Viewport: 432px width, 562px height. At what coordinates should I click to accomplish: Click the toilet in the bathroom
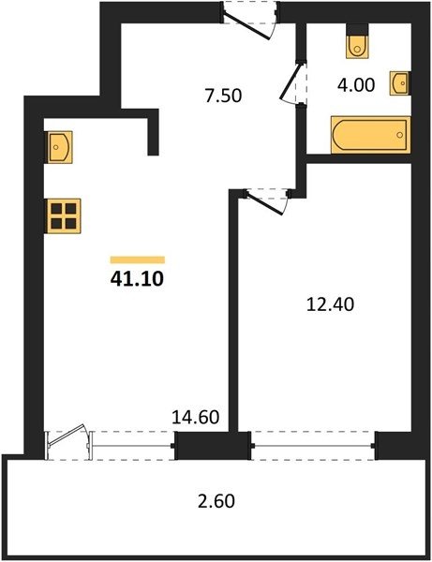pyautogui.click(x=357, y=45)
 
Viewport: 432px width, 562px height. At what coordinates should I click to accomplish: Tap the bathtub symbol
pyautogui.click(x=371, y=135)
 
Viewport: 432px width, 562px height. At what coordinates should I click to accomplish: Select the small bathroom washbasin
pyautogui.click(x=400, y=83)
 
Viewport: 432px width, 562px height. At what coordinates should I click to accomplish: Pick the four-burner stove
pyautogui.click(x=63, y=215)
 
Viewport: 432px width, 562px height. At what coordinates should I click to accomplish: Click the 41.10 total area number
pyautogui.click(x=137, y=279)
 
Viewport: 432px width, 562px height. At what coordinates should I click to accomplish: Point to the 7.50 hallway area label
pyautogui.click(x=224, y=96)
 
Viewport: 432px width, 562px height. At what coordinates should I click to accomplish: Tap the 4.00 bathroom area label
pyautogui.click(x=356, y=85)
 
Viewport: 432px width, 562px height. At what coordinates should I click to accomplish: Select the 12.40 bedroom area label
pyautogui.click(x=331, y=304)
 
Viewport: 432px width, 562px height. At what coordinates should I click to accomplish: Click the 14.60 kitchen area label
pyautogui.click(x=196, y=418)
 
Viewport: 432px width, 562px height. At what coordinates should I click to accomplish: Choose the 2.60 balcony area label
pyautogui.click(x=216, y=501)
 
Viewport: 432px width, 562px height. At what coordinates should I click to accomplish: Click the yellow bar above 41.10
pyautogui.click(x=138, y=259)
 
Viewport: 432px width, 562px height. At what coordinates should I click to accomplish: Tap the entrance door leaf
pyautogui.click(x=246, y=24)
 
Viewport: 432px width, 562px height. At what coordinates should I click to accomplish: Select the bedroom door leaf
pyautogui.click(x=264, y=203)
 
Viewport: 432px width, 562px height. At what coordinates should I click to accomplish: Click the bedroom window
pyautogui.click(x=313, y=446)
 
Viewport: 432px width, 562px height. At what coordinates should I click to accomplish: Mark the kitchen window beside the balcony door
pyautogui.click(x=132, y=446)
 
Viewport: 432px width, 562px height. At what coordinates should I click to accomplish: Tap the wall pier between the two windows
pyautogui.click(x=213, y=446)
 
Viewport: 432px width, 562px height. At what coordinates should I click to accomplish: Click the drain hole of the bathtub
pyautogui.click(x=400, y=135)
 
